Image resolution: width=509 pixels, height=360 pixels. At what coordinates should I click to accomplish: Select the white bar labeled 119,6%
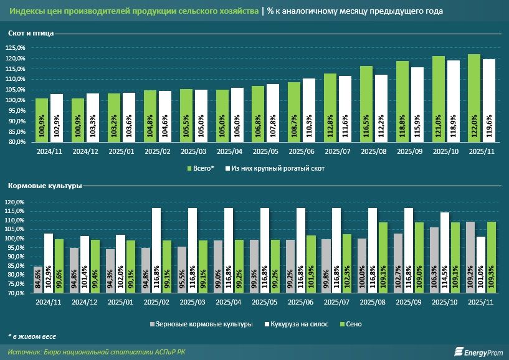(489, 100)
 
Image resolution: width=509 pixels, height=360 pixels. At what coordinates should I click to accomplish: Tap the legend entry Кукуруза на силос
(298, 324)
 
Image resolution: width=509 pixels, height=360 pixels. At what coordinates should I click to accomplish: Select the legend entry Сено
(353, 324)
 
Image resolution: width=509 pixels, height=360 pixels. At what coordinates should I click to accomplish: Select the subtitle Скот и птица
(28, 33)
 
